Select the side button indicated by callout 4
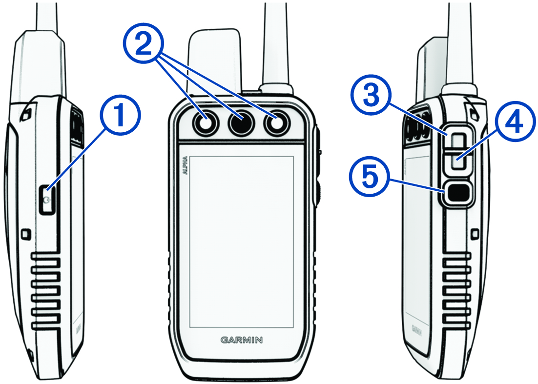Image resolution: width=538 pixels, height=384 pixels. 457,161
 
